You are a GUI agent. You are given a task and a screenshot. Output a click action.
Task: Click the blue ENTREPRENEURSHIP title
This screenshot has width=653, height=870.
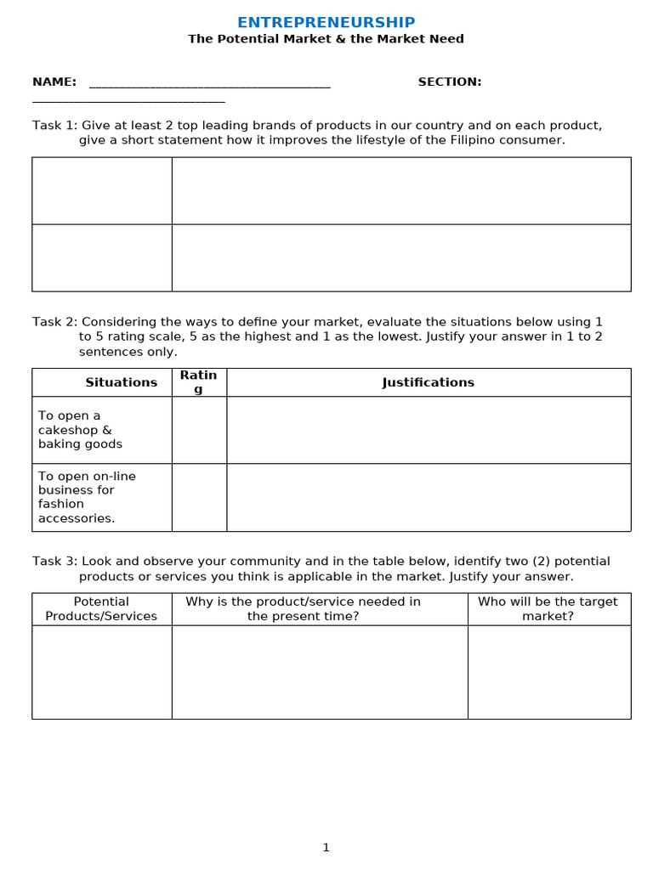tap(326, 23)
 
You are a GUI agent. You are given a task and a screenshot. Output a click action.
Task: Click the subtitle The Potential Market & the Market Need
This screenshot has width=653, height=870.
tap(326, 39)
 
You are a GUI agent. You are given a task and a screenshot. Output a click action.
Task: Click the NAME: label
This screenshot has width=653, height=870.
tap(54, 82)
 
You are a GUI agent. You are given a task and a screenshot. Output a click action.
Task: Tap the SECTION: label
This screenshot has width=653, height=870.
tap(449, 82)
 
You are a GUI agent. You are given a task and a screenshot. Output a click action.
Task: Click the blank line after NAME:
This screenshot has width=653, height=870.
tap(209, 84)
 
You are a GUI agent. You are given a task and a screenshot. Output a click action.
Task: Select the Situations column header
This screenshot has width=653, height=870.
tap(122, 382)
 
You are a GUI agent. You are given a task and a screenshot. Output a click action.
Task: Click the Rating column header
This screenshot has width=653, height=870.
tap(199, 382)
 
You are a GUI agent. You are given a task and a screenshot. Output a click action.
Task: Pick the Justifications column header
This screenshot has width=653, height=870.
tap(429, 382)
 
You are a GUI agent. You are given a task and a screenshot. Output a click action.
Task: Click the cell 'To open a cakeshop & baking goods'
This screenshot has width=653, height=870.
tap(80, 430)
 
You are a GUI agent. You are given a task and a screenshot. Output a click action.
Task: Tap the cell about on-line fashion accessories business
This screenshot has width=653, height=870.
tap(87, 497)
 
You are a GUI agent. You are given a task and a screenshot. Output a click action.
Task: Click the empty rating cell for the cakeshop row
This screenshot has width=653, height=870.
tap(199, 430)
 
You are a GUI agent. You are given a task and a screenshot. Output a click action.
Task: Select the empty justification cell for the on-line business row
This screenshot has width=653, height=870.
tap(429, 497)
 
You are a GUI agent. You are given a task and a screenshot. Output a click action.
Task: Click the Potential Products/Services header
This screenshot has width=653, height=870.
tap(101, 609)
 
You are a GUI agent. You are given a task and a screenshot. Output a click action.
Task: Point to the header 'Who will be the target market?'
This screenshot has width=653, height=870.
tap(548, 609)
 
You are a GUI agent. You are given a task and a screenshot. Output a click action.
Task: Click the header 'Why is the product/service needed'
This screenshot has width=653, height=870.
tap(304, 609)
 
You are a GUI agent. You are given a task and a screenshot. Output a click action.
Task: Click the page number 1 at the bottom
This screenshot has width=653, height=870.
tap(326, 847)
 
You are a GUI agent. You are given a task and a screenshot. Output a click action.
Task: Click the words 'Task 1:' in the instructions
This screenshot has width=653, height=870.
tap(54, 126)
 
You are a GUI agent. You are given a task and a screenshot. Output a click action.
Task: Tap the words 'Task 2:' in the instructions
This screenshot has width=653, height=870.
tap(54, 322)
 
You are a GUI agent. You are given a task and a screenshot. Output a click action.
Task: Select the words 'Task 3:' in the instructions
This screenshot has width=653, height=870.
tap(54, 562)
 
